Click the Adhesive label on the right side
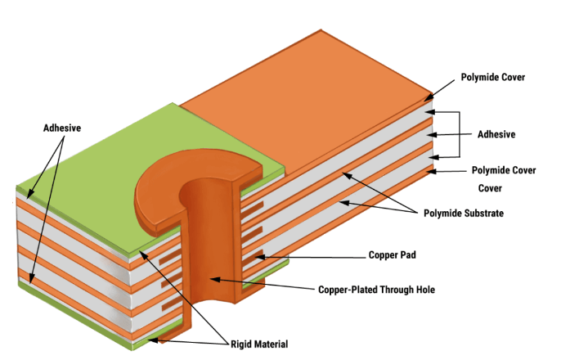coord(496,133)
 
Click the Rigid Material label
coord(258,344)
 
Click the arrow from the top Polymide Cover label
coord(438,90)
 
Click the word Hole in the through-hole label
coord(420,289)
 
